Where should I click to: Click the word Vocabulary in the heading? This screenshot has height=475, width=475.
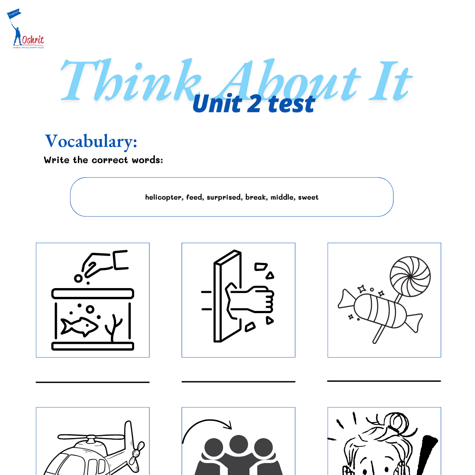coord(91,141)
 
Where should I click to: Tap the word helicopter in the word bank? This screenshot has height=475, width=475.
coord(163,197)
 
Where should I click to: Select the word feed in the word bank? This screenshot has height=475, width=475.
coord(194,197)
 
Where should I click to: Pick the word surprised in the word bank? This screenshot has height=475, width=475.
coord(224,197)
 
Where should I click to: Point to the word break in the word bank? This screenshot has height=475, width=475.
coord(256,197)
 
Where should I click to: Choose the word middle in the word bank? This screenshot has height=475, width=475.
coord(282,197)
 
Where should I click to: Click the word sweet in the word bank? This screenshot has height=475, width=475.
coord(308,197)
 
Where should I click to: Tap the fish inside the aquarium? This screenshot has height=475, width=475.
coord(79,326)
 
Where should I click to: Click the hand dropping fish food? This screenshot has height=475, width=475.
coord(99,264)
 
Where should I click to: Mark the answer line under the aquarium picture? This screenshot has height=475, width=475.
coord(92,382)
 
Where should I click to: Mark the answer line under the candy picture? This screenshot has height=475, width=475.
coord(384,381)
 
